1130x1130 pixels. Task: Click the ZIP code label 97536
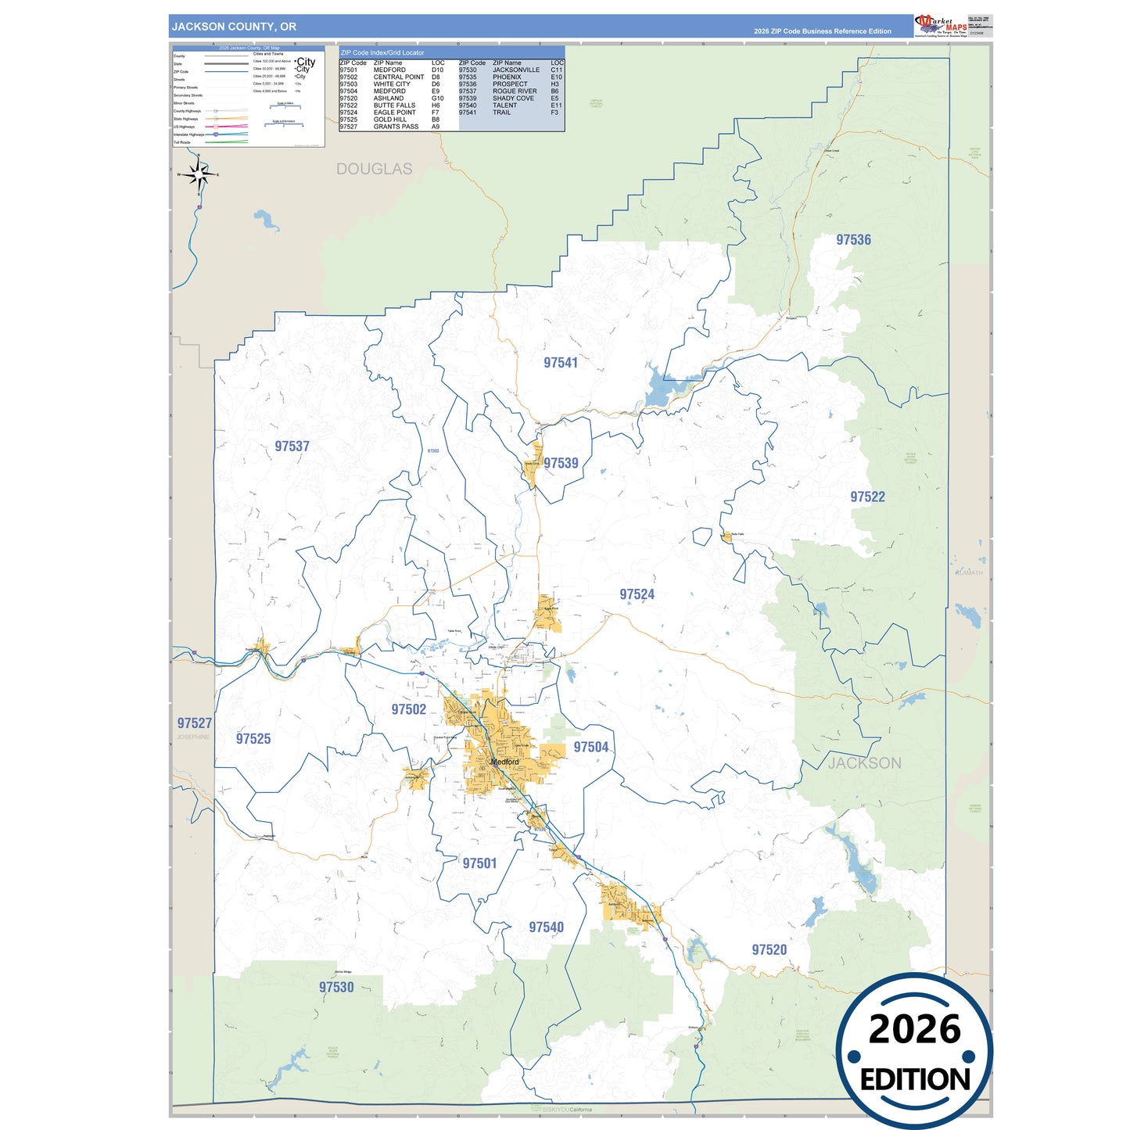853,240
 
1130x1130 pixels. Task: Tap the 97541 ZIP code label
561,363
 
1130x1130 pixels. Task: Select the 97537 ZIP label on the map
292,447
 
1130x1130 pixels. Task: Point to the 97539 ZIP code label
561,463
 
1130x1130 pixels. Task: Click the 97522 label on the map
867,497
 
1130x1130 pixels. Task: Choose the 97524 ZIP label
637,594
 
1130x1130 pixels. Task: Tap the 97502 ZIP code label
408,709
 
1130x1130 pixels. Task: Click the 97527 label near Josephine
194,723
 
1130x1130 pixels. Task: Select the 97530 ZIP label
336,988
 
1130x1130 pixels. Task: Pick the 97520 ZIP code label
769,950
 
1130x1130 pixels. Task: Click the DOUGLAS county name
374,169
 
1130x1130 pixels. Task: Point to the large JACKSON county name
864,763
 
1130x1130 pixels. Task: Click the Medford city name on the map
504,762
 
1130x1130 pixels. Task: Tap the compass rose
199,175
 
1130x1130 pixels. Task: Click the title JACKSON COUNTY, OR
234,27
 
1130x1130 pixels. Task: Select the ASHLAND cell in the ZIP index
389,99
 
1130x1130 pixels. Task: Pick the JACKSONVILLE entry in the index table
516,70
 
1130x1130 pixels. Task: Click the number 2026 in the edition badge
914,1029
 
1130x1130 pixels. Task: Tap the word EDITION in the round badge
915,1080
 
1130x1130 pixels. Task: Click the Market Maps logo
940,25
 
